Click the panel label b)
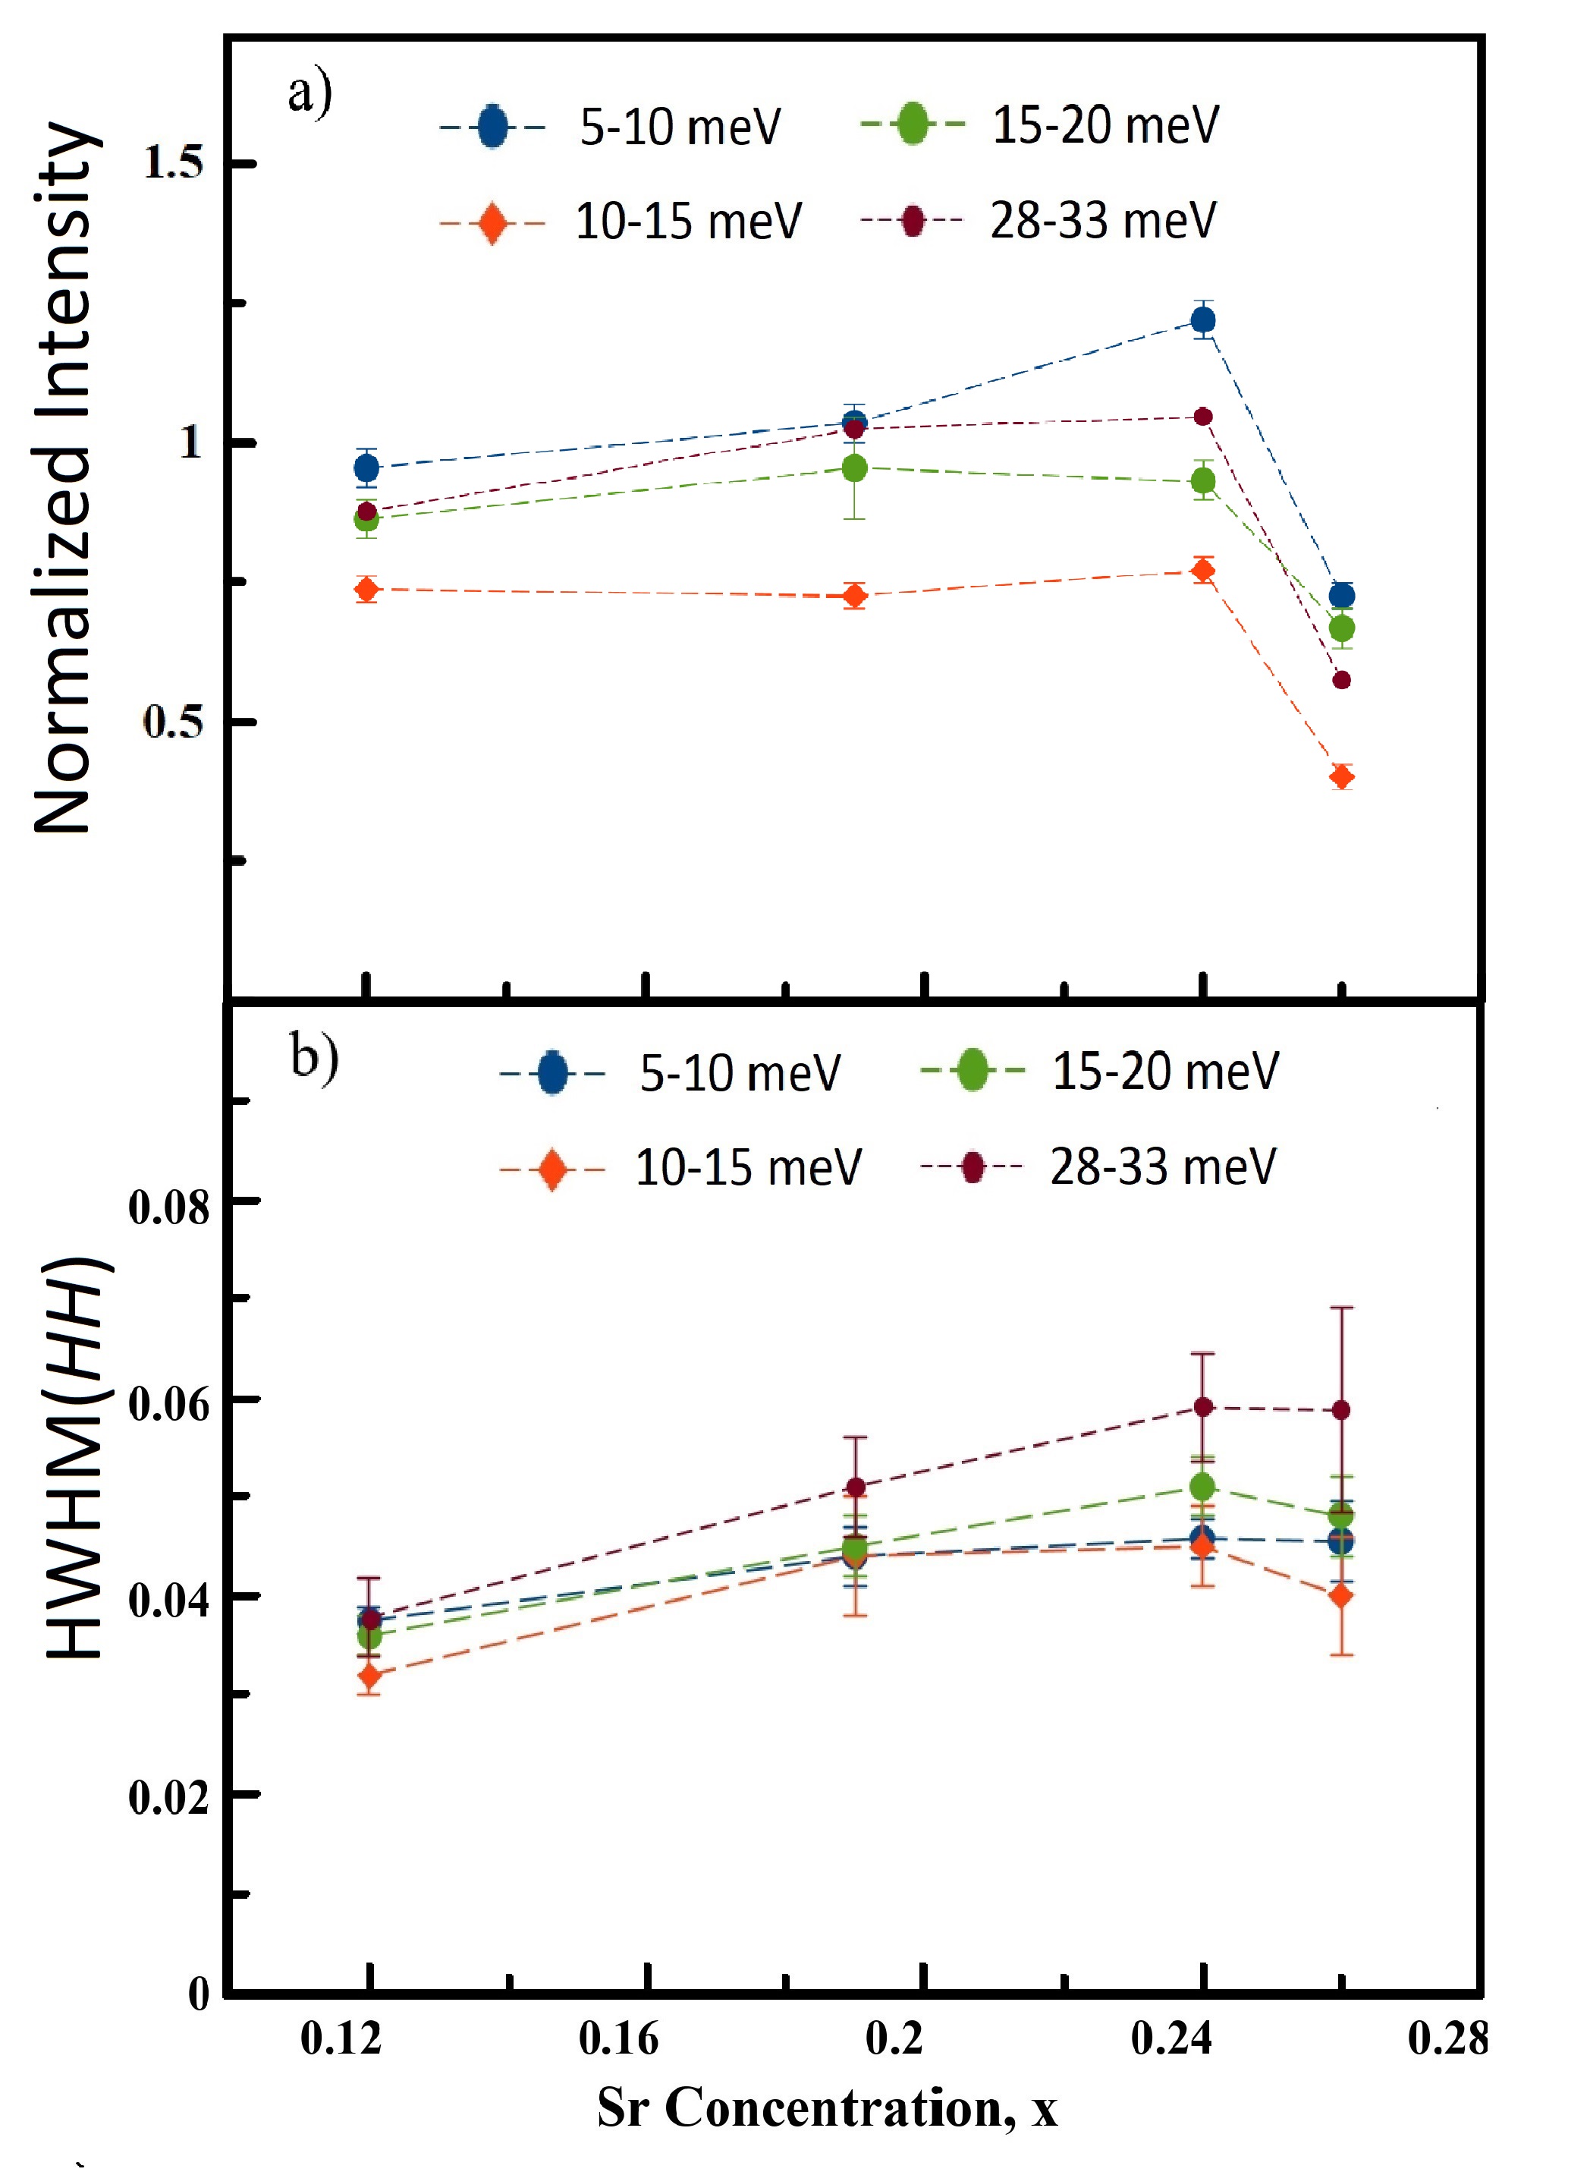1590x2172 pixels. coord(315,1058)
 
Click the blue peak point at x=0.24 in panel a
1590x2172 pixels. coord(1203,320)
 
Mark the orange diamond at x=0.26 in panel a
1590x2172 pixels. coord(1342,776)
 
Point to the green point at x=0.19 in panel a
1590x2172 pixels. coord(853,468)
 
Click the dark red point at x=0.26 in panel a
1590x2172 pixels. coord(1342,681)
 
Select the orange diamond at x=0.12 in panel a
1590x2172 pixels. coord(366,588)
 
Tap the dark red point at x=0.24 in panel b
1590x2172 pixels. coord(1203,1406)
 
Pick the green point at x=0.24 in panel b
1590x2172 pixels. coord(1203,1487)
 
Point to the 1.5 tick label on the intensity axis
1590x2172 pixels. coord(173,162)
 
